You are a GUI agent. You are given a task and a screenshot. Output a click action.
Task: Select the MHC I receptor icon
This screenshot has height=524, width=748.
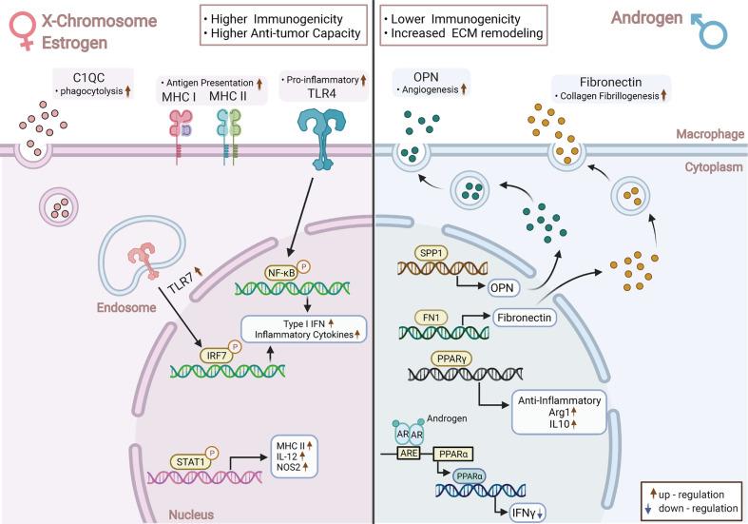tap(181, 136)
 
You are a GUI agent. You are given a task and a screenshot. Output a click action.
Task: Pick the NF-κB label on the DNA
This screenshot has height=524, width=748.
tap(280, 272)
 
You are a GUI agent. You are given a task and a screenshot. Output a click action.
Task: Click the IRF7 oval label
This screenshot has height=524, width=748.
tap(217, 355)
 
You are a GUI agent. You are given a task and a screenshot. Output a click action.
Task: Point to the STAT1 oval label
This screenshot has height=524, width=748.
tap(190, 461)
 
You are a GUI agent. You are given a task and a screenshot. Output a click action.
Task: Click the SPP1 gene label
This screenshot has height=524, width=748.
tap(432, 253)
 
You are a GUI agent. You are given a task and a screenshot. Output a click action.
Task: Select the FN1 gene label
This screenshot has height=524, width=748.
tap(431, 318)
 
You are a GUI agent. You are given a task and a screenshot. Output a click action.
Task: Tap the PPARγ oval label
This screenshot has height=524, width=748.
tap(451, 358)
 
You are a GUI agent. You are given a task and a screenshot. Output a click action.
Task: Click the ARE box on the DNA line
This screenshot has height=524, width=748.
tap(409, 453)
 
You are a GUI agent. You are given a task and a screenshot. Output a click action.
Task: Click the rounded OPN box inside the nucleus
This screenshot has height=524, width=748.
tap(502, 288)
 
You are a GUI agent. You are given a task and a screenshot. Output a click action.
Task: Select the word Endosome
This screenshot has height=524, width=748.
tap(126, 307)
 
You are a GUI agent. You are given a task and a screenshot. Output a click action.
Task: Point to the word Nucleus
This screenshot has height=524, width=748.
tap(191, 514)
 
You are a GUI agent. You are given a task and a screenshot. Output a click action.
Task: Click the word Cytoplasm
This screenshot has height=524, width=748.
tap(714, 167)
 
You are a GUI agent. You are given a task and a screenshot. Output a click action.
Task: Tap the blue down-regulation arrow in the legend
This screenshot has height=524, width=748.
tap(648, 509)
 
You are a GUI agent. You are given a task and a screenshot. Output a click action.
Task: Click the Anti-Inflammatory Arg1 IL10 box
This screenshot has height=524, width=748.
tap(559, 413)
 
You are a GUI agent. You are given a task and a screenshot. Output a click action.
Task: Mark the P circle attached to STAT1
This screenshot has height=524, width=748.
tap(212, 453)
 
